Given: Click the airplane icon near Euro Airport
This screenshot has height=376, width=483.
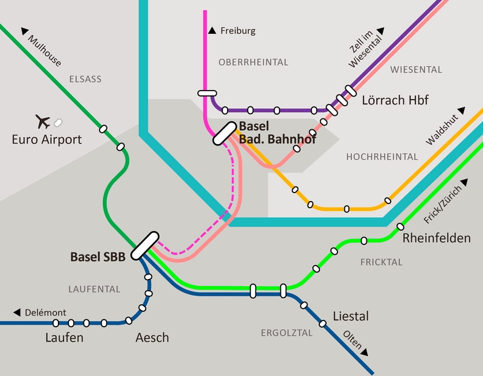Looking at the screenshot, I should click(x=43, y=121).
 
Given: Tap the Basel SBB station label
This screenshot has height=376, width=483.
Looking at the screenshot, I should click(x=98, y=257).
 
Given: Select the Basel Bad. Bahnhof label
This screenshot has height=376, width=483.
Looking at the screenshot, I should click(x=277, y=133).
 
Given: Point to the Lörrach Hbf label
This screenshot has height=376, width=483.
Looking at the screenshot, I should click(x=395, y=100).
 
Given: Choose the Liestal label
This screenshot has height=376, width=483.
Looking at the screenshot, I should click(x=350, y=316).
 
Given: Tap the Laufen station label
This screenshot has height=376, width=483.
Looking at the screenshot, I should click(x=64, y=338).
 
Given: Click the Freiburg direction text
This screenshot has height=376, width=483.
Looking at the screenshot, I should click(x=237, y=31).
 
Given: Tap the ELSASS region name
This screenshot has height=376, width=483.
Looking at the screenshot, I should click(x=86, y=79).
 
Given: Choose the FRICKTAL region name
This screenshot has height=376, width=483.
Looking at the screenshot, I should click(x=381, y=263).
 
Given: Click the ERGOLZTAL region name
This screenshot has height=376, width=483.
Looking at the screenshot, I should click(x=286, y=333).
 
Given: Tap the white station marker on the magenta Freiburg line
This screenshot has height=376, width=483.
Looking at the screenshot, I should click(x=206, y=93).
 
